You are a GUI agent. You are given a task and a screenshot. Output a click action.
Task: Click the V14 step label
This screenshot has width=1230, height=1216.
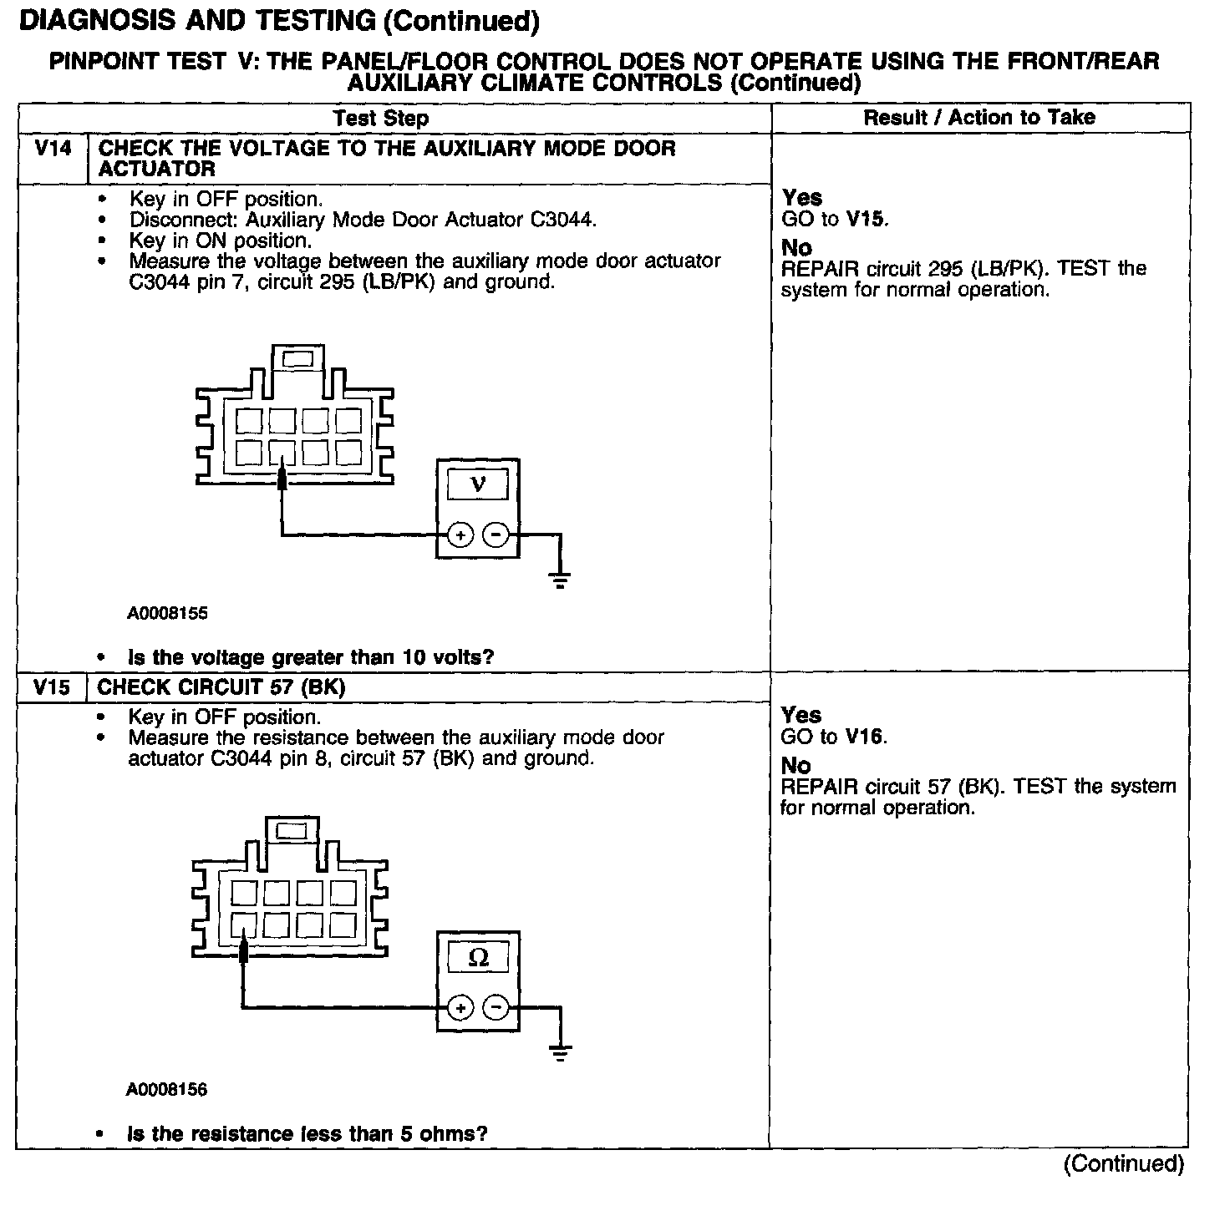[x=52, y=149]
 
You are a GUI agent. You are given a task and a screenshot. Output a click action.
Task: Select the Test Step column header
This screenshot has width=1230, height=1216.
[x=380, y=118]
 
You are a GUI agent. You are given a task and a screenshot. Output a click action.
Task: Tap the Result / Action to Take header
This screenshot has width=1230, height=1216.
[x=978, y=118]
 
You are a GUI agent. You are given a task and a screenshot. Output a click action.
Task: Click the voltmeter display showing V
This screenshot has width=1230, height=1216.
[x=478, y=484]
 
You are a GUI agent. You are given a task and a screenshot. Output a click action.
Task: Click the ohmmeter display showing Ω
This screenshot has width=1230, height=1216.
[x=478, y=957]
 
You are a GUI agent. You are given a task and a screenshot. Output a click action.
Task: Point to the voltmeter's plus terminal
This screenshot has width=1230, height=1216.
[x=460, y=534]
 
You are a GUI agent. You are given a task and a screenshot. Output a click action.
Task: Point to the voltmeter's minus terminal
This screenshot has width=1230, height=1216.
[x=496, y=534]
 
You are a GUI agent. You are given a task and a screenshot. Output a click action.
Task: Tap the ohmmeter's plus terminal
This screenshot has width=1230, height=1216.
[x=460, y=1008]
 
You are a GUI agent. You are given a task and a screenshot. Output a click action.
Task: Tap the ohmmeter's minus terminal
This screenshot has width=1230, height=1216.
[x=496, y=1008]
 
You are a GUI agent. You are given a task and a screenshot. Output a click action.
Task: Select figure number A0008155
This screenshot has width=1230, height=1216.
[x=167, y=614]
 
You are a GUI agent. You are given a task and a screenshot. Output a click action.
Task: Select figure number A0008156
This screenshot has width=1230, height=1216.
[x=167, y=1089]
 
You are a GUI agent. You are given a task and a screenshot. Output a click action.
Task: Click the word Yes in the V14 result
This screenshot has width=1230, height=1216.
[x=802, y=198]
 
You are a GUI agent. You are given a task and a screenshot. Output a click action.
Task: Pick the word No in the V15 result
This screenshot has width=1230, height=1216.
[x=795, y=765]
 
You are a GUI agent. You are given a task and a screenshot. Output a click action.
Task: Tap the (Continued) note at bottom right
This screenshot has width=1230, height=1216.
[x=1123, y=1163]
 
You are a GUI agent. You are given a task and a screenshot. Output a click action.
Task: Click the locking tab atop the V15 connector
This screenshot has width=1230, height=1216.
[x=292, y=831]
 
